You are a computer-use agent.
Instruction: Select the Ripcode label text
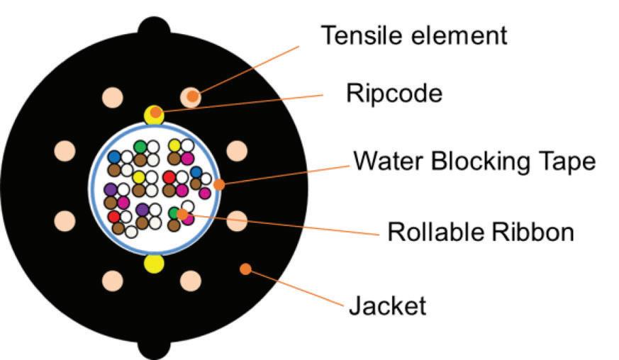[x=394, y=92]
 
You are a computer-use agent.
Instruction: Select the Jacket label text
[x=387, y=306]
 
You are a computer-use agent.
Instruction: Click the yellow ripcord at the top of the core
[x=154, y=113]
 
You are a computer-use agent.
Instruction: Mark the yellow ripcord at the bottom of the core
[x=154, y=264]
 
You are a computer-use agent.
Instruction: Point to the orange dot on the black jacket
[x=245, y=269]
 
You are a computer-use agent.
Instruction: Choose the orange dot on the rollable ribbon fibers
[x=182, y=213]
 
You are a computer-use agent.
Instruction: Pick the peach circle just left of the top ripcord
[x=112, y=97]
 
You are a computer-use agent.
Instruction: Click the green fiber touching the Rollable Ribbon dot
[x=174, y=213]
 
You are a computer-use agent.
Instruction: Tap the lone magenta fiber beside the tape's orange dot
[x=204, y=193]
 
